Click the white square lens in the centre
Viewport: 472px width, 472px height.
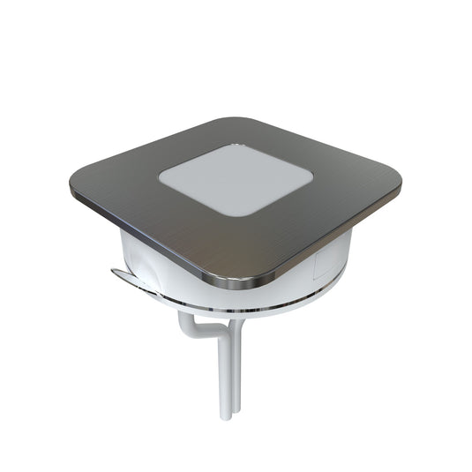coord(236,180)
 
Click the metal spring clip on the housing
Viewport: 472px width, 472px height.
coord(132,280)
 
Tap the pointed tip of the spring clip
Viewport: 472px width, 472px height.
coord(113,273)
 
